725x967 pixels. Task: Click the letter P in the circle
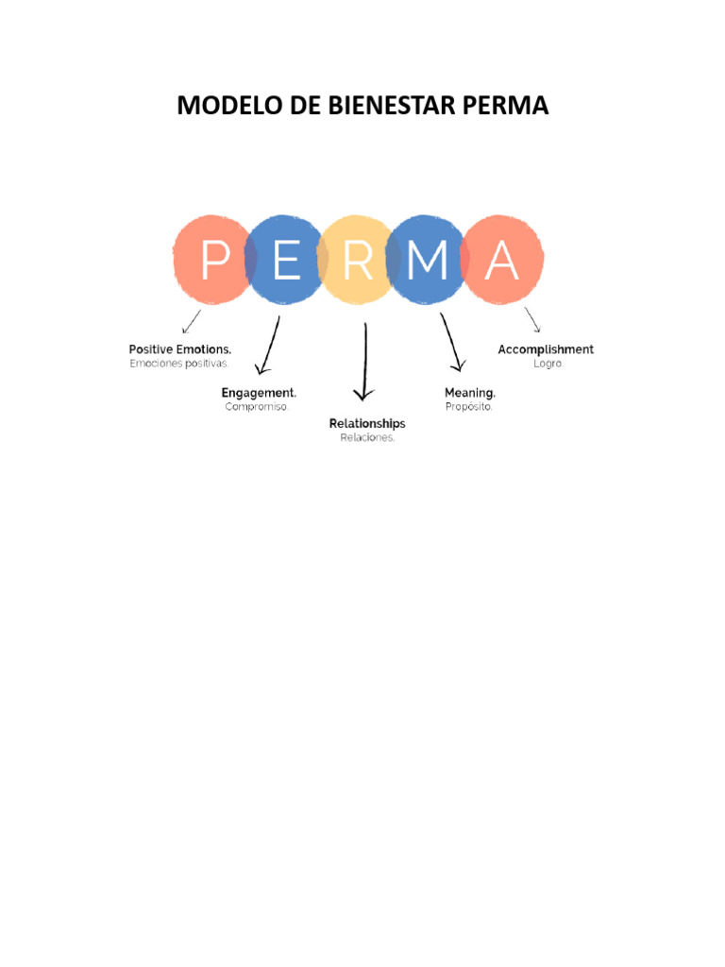point(214,261)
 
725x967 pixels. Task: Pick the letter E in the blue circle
point(285,261)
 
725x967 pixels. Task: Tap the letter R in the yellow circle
point(357,261)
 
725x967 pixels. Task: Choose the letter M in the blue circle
point(430,261)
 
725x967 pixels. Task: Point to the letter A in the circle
point(501,261)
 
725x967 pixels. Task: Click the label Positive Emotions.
point(180,349)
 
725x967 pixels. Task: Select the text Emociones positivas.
point(179,364)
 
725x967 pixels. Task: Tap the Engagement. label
point(259,392)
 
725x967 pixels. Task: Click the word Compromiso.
point(257,407)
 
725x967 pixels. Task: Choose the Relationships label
point(367,423)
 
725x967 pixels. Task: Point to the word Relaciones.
point(367,438)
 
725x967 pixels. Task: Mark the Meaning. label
point(470,392)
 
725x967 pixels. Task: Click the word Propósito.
point(468,407)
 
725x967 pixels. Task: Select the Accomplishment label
point(546,349)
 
